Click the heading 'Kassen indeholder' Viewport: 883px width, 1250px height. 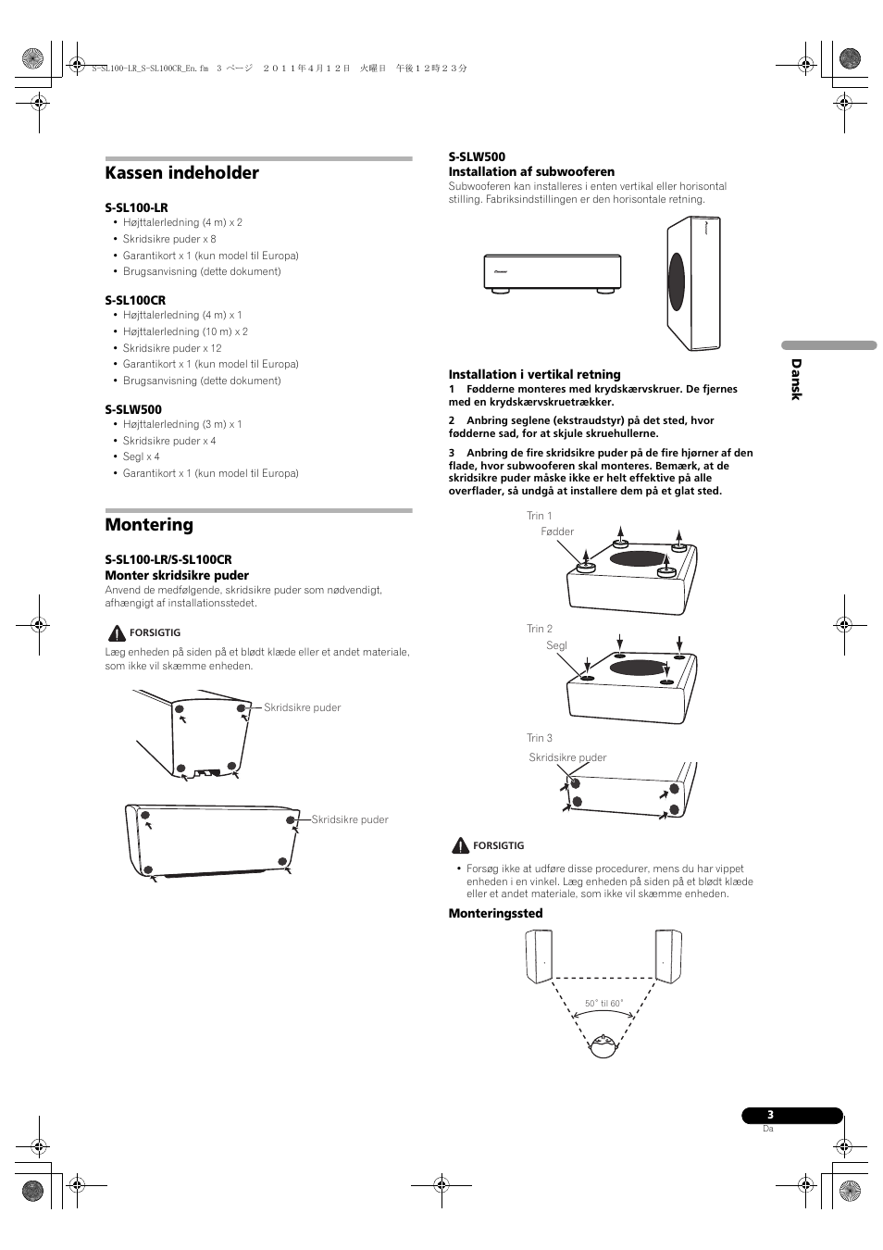(182, 173)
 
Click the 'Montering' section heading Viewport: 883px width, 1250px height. (149, 525)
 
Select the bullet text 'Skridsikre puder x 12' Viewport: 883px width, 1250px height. (172, 348)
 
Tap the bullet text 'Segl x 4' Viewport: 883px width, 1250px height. (142, 456)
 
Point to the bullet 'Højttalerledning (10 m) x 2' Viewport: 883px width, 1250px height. (185, 331)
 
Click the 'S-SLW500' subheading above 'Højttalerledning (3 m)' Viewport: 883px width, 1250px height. (133, 409)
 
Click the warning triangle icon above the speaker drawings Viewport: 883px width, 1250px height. (117, 633)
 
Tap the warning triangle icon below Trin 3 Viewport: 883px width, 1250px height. (460, 845)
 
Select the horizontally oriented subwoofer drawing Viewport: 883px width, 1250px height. (553, 273)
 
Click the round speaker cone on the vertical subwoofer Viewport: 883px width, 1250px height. (677, 281)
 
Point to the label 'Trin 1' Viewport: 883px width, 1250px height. (540, 516)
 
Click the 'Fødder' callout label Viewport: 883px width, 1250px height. (557, 531)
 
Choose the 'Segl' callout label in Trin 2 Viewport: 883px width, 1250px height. (556, 645)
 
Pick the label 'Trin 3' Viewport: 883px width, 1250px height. (540, 738)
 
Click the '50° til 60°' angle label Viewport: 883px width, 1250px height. (603, 1004)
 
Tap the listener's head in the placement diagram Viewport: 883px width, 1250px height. (603, 1045)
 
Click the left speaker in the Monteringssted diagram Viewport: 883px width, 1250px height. (540, 956)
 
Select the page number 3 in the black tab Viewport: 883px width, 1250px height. (770, 1115)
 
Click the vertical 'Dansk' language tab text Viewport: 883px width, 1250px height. (795, 380)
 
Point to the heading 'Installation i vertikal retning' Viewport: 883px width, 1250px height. (534, 375)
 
